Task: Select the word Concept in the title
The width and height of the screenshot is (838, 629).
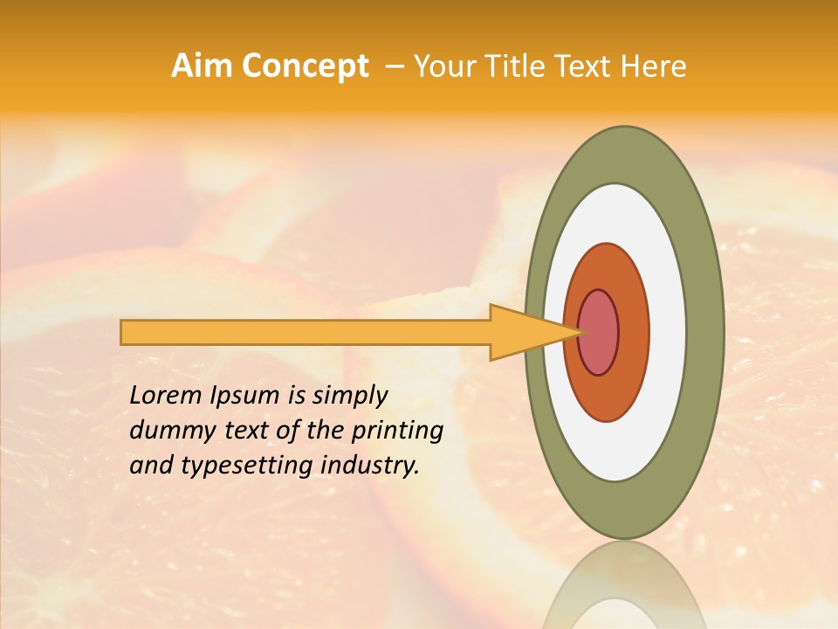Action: pyautogui.click(x=305, y=66)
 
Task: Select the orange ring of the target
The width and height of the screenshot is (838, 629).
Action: pyautogui.click(x=634, y=332)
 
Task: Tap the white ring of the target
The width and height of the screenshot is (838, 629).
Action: pyautogui.click(x=669, y=332)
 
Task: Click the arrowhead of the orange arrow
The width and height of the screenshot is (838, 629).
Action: pyautogui.click(x=524, y=332)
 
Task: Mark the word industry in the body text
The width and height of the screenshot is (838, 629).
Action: pyautogui.click(x=370, y=466)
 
